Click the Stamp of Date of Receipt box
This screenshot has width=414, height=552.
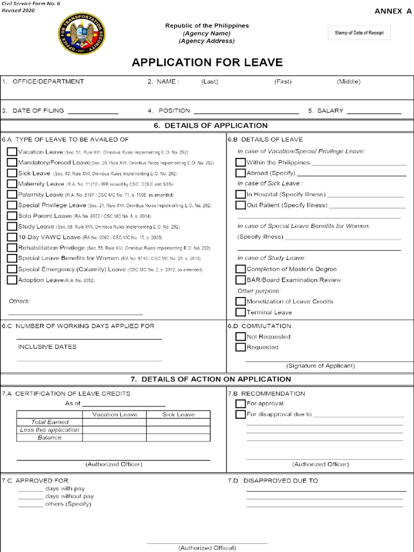tap(358, 33)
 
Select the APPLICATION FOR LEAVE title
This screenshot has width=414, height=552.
tap(207, 63)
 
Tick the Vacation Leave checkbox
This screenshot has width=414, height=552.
tap(12, 152)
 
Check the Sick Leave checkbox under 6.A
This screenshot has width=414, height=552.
tap(12, 174)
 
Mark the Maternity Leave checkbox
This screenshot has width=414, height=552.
tap(12, 184)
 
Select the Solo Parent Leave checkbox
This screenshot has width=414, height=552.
tap(12, 216)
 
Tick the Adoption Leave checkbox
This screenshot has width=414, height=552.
tap(12, 280)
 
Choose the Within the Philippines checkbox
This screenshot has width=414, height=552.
tap(240, 162)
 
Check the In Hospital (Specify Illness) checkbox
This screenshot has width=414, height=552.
tap(240, 194)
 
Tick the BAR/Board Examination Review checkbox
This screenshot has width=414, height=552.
tap(240, 280)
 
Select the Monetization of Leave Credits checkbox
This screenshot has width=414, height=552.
tap(240, 301)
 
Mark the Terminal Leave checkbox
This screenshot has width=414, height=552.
tap(240, 312)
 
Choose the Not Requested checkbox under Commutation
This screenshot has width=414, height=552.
tap(240, 336)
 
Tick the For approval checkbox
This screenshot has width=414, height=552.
tap(240, 403)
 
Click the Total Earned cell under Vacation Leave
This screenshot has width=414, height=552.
tap(114, 422)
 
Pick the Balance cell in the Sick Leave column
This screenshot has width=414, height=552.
tap(178, 438)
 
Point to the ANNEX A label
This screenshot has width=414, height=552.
tap(389, 11)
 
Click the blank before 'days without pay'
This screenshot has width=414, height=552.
tap(30, 496)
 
